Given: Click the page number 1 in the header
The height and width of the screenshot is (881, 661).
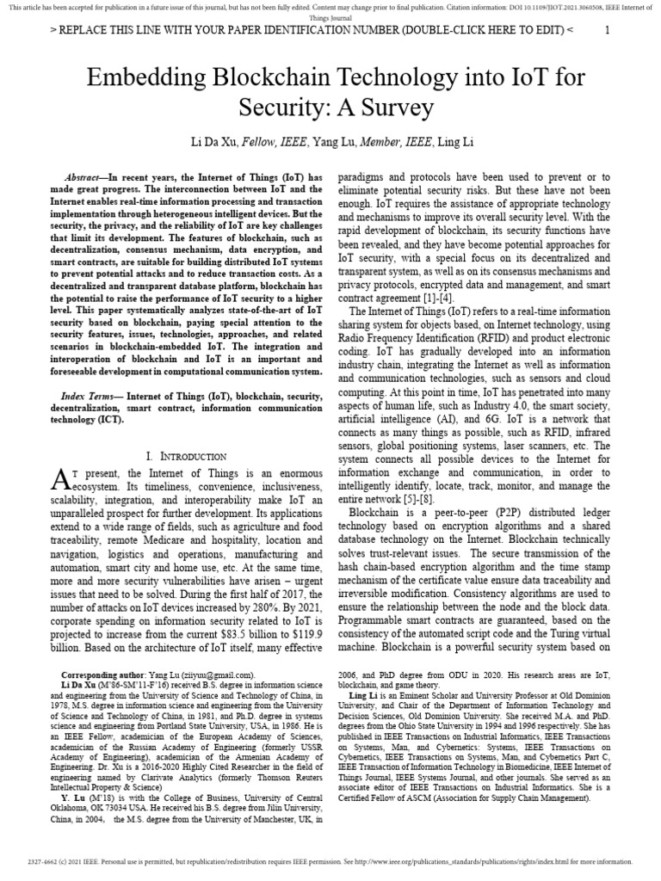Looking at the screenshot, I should (608, 30).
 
